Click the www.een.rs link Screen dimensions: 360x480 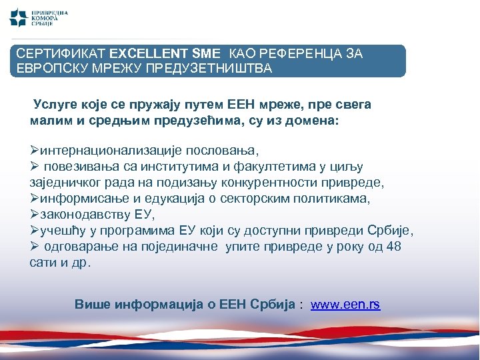click(345, 305)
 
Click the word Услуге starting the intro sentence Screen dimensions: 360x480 click(57, 105)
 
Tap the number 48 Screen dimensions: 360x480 click(394, 247)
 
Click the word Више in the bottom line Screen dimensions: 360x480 click(93, 305)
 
